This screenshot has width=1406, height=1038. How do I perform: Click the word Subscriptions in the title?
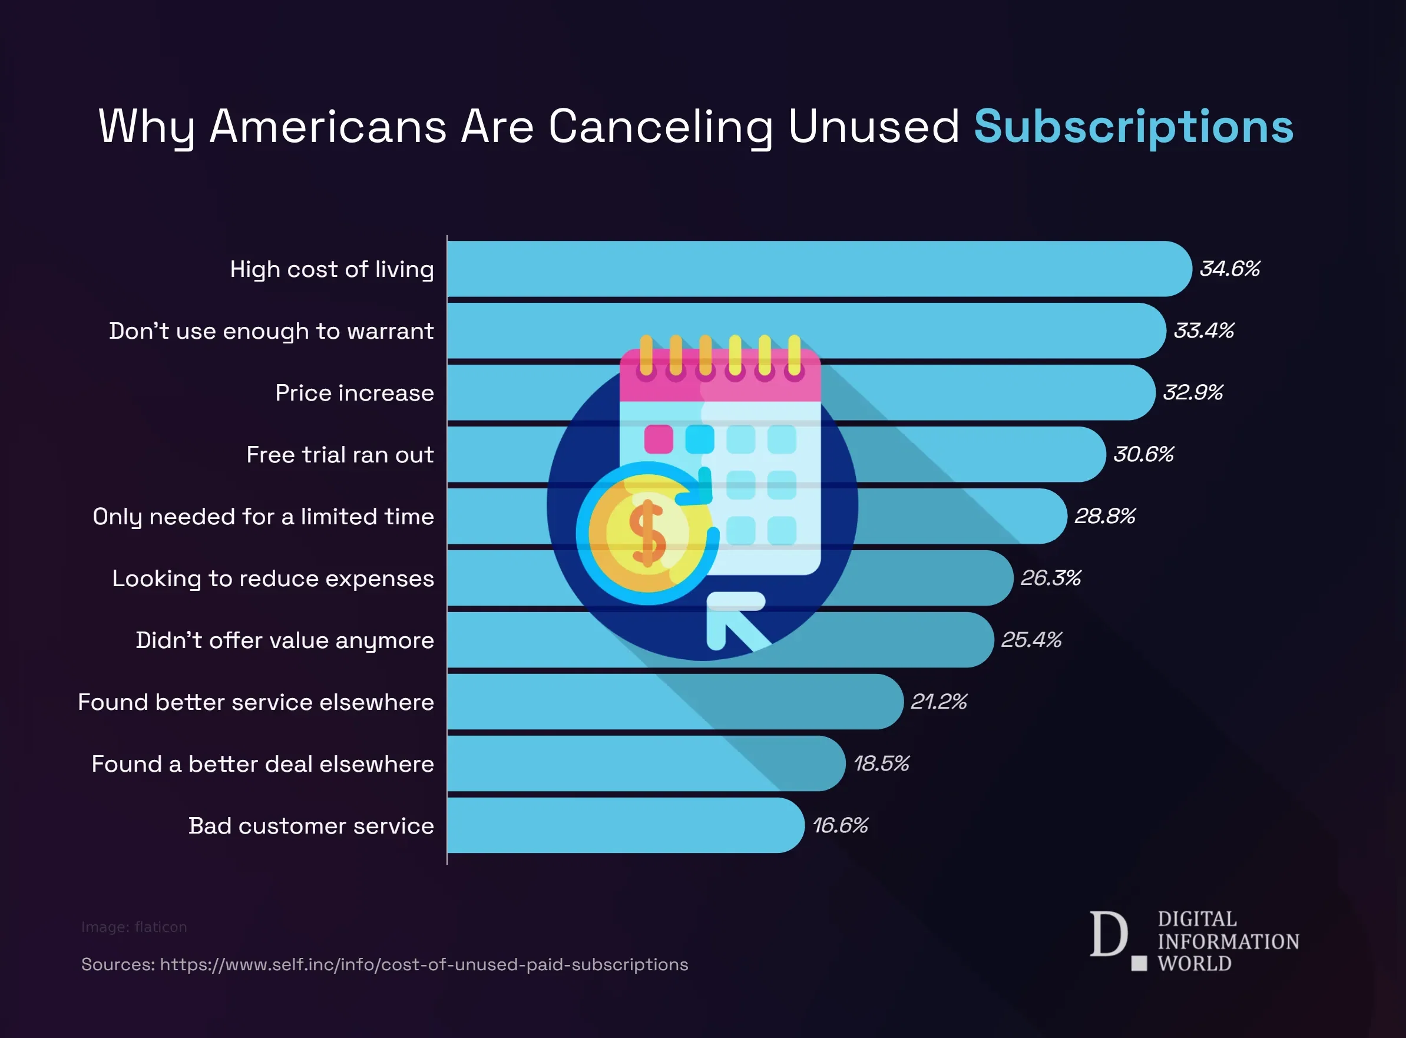[1133, 127]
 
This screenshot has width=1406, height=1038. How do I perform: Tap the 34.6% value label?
[1229, 269]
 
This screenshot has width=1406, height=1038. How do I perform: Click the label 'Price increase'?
[355, 393]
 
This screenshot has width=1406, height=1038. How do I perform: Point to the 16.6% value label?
[840, 825]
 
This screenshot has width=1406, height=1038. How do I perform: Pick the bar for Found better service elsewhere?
[672, 702]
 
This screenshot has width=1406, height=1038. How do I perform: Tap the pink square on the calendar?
[659, 438]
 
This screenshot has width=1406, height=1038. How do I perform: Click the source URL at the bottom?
[424, 964]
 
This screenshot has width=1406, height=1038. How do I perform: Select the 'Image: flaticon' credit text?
[134, 927]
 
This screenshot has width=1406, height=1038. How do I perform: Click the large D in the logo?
[1108, 934]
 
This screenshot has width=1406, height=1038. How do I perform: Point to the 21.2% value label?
[938, 702]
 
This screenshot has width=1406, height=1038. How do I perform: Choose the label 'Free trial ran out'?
[340, 454]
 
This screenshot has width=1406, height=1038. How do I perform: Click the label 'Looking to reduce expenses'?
[273, 578]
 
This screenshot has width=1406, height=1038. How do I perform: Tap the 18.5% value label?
[881, 763]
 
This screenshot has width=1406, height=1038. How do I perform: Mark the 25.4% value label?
[1031, 640]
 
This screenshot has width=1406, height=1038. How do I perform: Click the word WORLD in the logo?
[1195, 964]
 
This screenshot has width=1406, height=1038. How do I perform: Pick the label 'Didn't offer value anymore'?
[284, 640]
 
